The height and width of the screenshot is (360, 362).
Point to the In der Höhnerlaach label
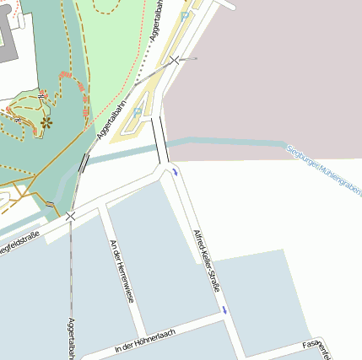(x=144, y=341)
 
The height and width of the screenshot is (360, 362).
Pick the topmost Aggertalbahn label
(x=157, y=22)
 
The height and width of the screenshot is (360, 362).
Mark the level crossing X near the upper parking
(x=175, y=60)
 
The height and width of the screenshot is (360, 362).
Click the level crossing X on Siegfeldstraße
(x=70, y=217)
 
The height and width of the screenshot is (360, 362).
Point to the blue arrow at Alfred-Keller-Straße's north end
(x=175, y=172)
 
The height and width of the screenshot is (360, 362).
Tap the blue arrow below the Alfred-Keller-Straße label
(x=224, y=310)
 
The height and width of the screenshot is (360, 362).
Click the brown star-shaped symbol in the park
(x=46, y=122)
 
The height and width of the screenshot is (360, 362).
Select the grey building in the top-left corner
(x=8, y=34)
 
